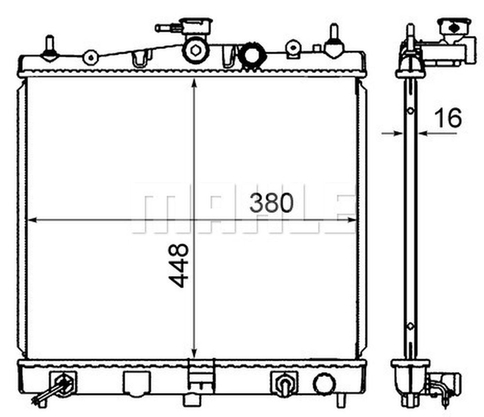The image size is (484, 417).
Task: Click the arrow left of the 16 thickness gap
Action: point(397,133)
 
